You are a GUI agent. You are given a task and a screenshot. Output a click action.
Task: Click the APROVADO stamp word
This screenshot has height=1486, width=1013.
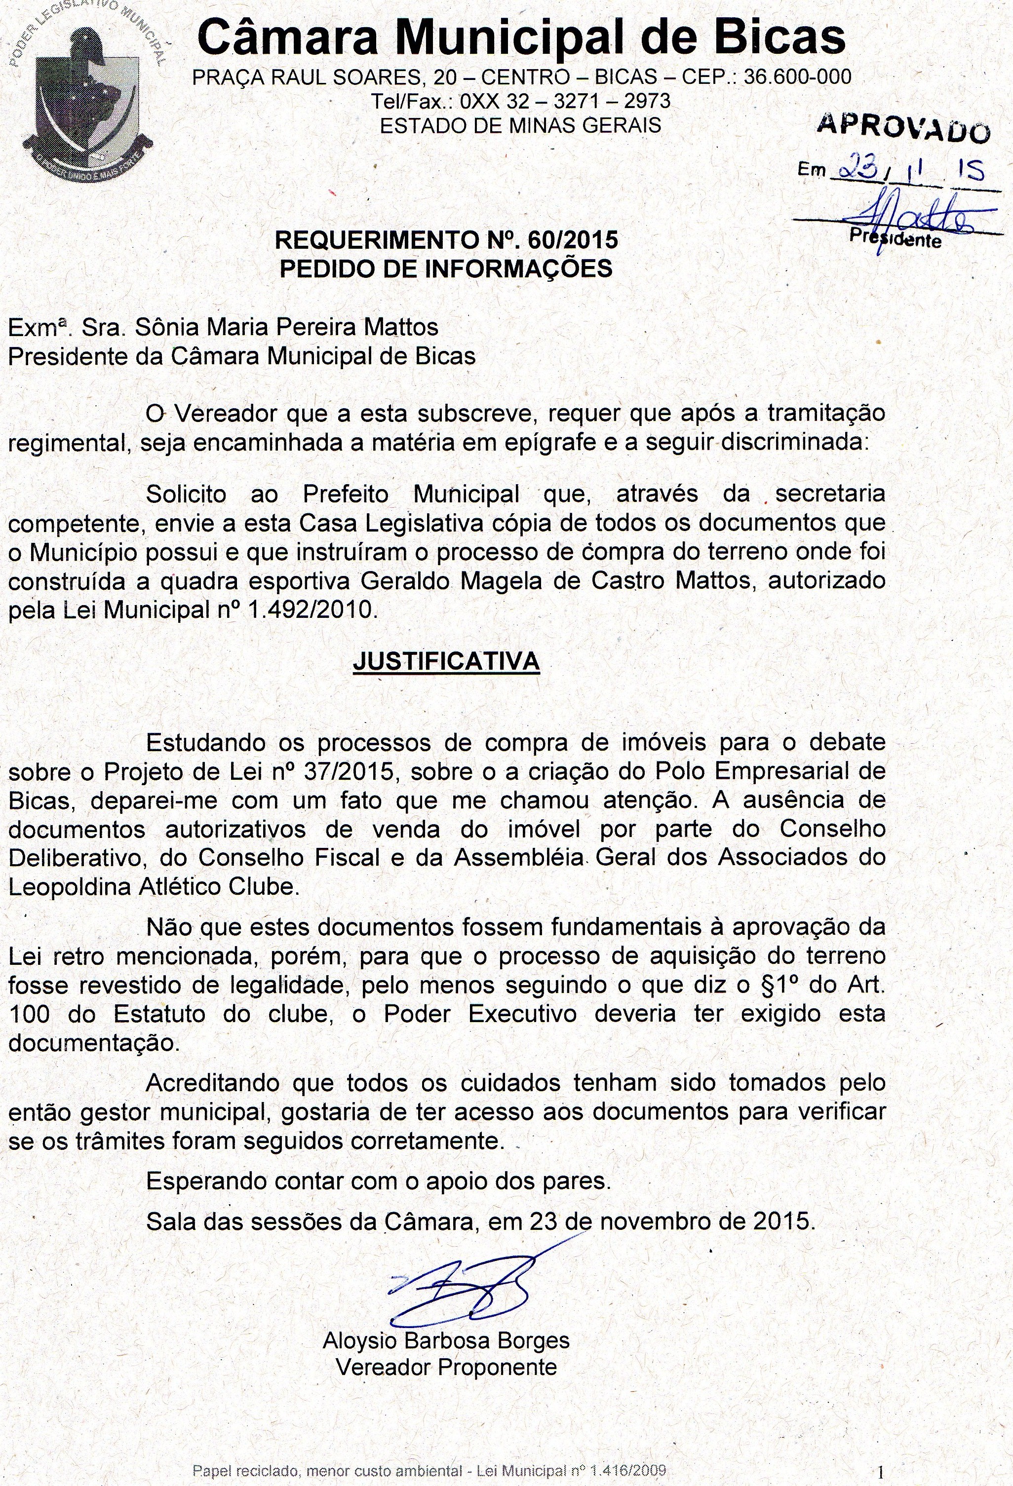tap(903, 128)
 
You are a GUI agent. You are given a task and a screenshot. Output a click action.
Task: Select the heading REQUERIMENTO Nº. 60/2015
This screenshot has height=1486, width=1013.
tap(446, 240)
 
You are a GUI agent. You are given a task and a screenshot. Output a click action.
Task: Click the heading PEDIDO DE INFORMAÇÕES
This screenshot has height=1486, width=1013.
tap(446, 268)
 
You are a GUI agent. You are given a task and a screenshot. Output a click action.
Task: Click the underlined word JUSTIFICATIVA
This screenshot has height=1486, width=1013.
tap(446, 661)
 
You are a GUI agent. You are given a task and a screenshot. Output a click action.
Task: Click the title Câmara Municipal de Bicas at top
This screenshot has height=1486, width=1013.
tap(521, 37)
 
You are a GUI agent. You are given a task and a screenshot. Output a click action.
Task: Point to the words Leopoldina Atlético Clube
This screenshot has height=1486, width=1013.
tap(154, 886)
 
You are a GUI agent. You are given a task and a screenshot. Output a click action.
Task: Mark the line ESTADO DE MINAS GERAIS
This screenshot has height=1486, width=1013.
tap(520, 125)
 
